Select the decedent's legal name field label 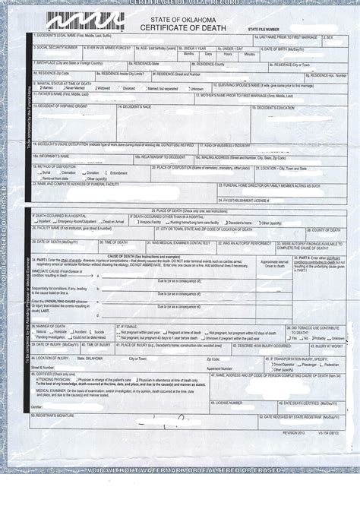click(72, 36)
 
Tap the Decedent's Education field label click(275, 108)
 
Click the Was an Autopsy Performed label click(245, 243)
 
